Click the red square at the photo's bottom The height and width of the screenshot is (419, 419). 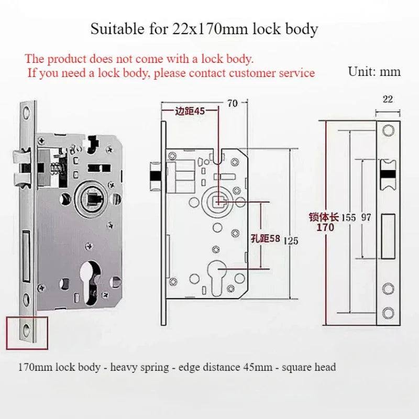[26, 333]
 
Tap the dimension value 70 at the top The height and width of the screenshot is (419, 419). [232, 103]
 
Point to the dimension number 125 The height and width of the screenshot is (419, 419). [292, 240]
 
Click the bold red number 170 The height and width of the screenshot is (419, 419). [324, 227]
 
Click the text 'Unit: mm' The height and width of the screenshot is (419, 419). [374, 71]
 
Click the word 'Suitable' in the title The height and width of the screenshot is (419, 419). [111, 29]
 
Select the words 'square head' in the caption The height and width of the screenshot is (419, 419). [308, 367]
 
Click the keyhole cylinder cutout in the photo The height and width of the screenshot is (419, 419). [90, 281]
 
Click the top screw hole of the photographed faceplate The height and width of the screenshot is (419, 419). [27, 111]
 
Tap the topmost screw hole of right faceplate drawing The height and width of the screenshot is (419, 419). [388, 129]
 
